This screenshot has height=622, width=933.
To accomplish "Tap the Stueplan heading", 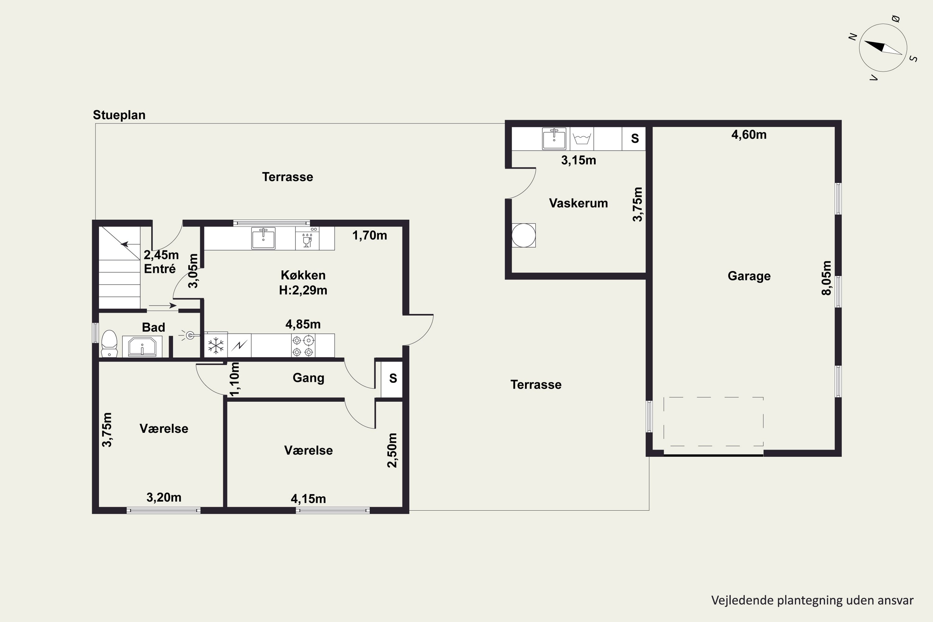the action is [119, 115].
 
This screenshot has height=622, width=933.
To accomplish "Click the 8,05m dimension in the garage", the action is [826, 278].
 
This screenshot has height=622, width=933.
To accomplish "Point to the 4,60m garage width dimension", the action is [749, 134].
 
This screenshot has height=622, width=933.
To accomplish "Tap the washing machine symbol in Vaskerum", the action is [582, 139].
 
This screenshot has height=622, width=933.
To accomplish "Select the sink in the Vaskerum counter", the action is [554, 138].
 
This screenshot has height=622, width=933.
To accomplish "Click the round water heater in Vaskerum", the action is [524, 235].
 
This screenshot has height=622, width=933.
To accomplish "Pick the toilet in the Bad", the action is [109, 344].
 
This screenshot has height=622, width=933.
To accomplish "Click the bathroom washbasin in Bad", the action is [142, 346].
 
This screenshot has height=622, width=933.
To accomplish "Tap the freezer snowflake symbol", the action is [216, 346].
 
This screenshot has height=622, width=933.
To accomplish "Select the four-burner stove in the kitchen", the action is [303, 346].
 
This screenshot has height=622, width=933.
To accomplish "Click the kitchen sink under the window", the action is [263, 238].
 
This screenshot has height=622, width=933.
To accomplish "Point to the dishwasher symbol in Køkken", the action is [307, 238].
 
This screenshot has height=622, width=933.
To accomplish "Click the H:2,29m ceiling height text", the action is [303, 290].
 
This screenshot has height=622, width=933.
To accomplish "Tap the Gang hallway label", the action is [308, 378].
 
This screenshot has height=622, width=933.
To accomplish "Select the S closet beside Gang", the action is [393, 378].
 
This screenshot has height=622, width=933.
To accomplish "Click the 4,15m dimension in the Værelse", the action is [308, 499].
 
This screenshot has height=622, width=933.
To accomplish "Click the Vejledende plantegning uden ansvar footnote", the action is [812, 600].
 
